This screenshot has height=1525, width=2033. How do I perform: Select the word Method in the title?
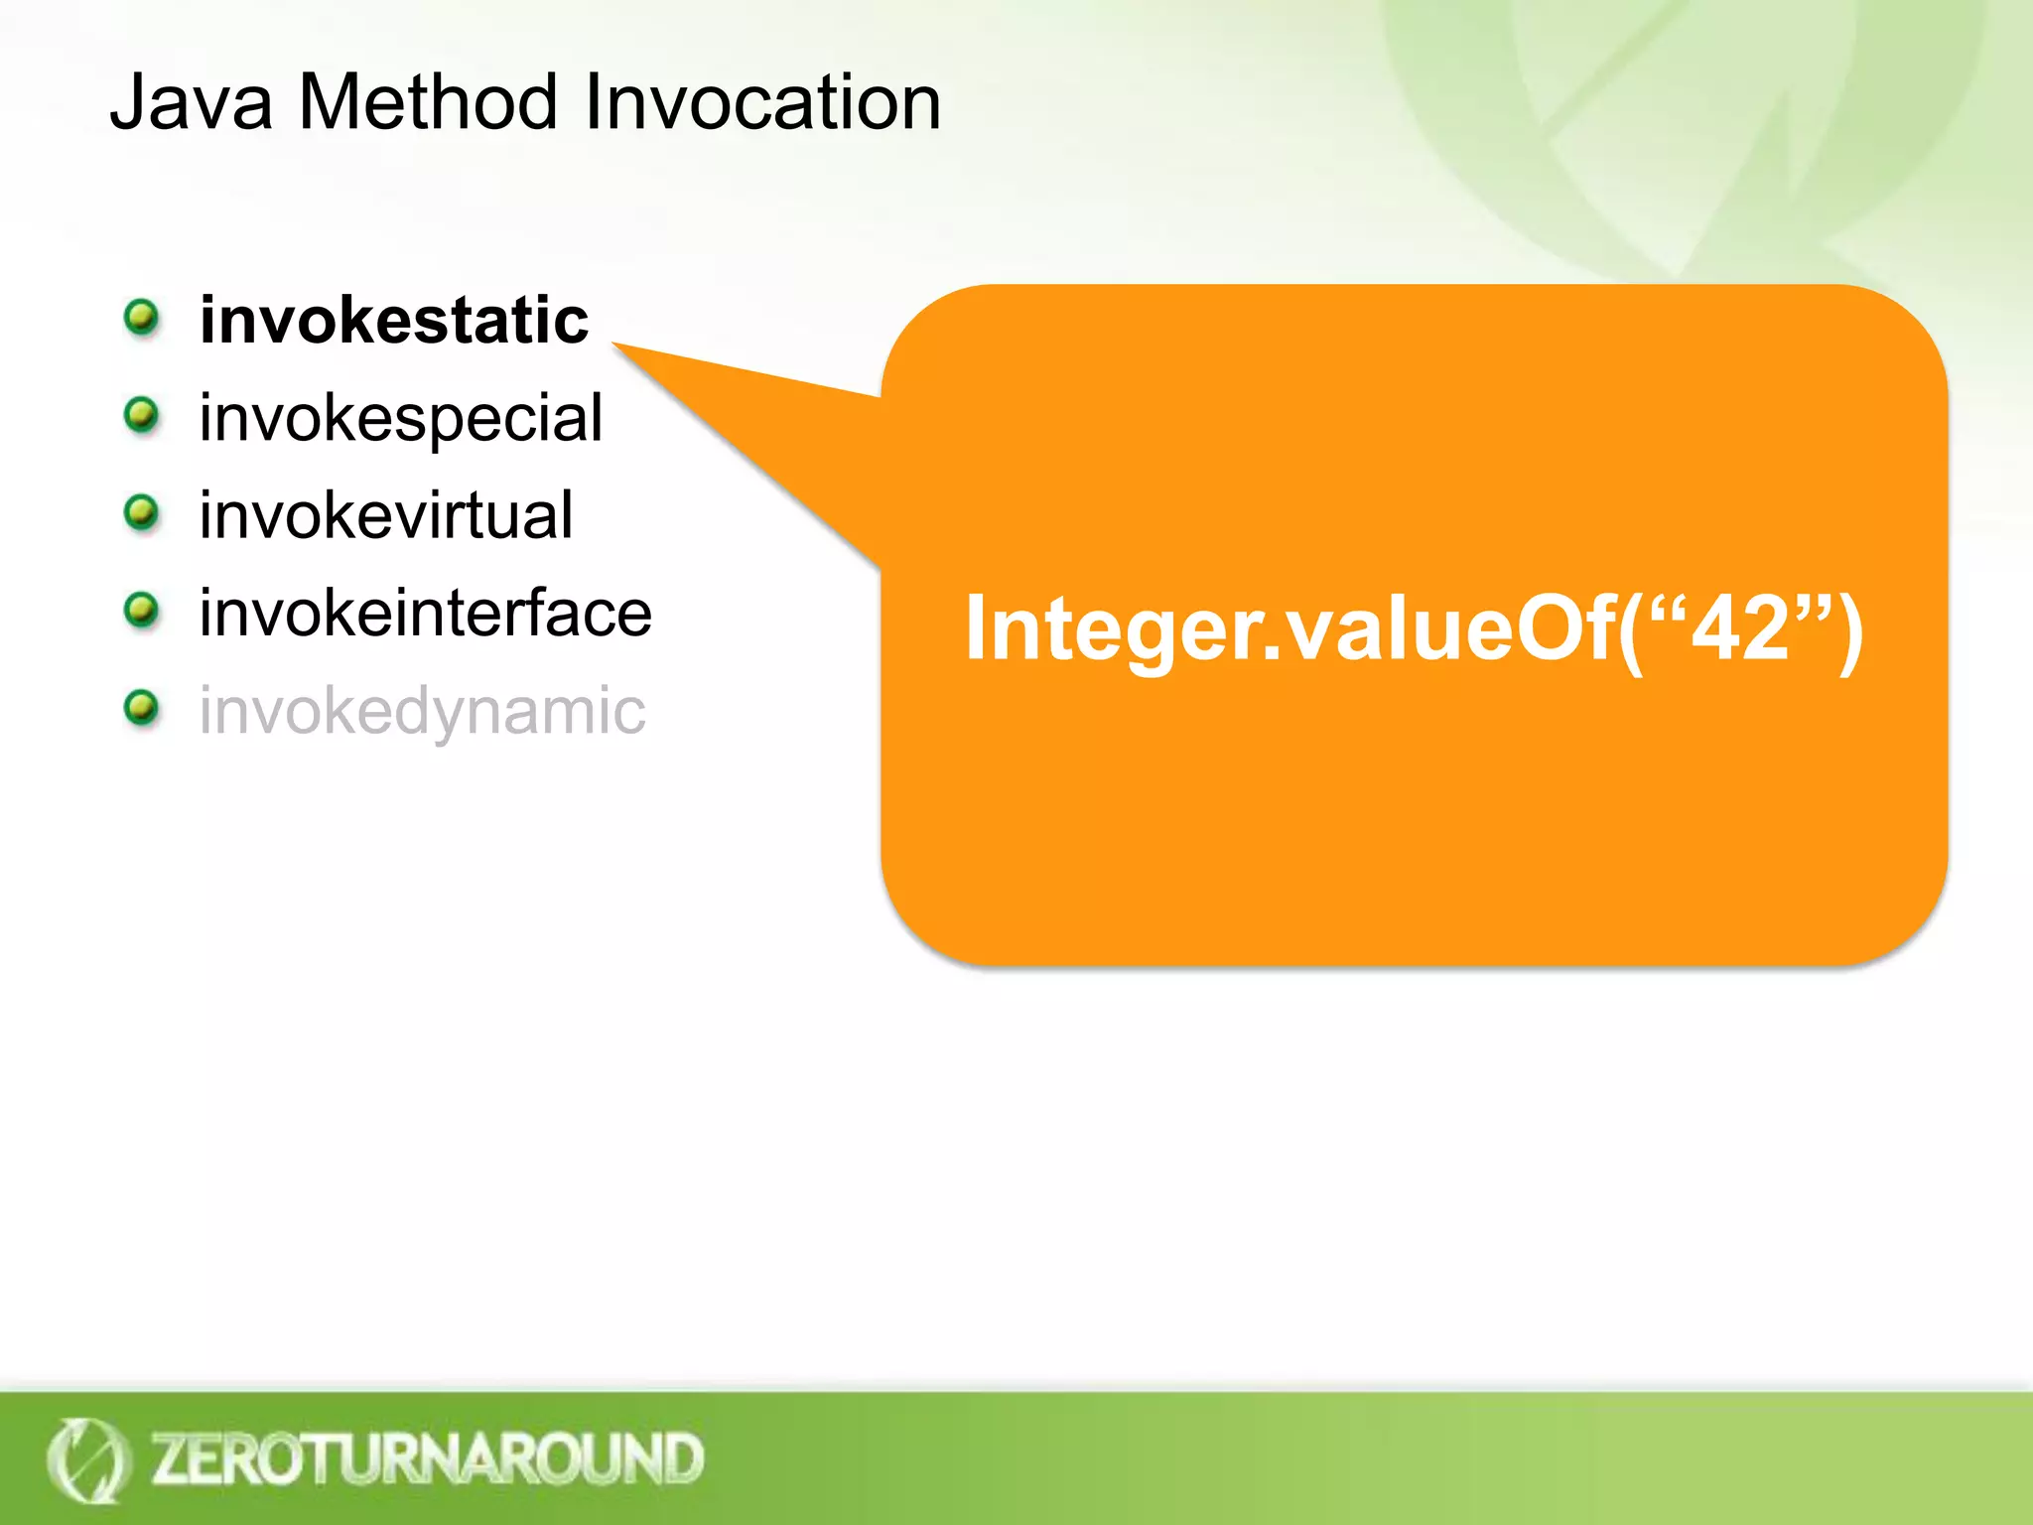(428, 102)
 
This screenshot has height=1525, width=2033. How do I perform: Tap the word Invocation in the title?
(762, 102)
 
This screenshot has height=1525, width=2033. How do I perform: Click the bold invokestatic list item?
(394, 321)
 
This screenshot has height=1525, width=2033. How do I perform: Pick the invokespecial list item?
(400, 419)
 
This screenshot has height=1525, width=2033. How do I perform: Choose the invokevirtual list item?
(386, 516)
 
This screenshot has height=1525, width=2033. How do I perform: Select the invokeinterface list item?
(425, 614)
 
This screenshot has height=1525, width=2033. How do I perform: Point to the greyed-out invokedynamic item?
(422, 711)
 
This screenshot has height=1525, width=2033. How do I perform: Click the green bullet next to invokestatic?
(142, 318)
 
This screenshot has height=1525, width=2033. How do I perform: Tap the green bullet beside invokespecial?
(142, 414)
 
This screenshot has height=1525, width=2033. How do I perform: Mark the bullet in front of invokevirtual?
(142, 512)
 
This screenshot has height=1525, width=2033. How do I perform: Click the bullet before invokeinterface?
(142, 610)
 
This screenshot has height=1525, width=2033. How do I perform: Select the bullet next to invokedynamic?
(142, 707)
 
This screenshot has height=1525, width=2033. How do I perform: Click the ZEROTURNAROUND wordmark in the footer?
(427, 1458)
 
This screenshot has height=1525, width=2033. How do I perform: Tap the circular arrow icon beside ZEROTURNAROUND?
(87, 1459)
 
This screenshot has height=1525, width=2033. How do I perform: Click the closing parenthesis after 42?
(1848, 629)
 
